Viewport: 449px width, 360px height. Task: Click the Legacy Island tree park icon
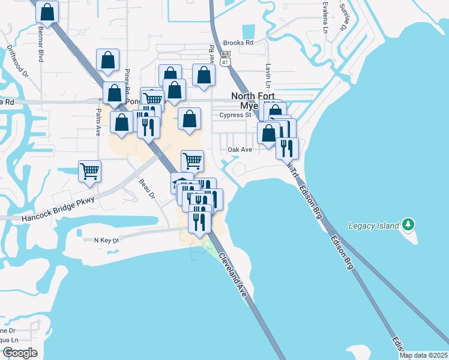coord(408,225)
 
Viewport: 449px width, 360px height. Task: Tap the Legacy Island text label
coord(373,226)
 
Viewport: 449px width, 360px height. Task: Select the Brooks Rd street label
coord(238,43)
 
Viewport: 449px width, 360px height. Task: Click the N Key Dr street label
coord(107,239)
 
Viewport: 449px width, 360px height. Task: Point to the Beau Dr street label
coord(147,190)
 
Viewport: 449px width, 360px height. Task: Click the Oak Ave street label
coord(240,149)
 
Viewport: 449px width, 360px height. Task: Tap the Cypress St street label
coord(235,115)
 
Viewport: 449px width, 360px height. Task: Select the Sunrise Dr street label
coord(345,18)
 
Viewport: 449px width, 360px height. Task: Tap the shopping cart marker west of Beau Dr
coord(90,171)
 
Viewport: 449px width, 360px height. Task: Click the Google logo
coord(19,353)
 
